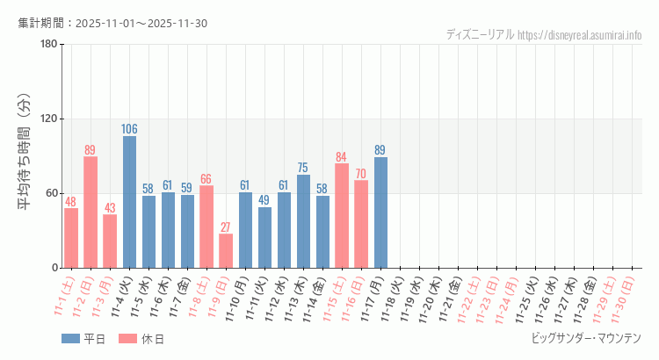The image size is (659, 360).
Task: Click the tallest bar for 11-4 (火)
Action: point(129,202)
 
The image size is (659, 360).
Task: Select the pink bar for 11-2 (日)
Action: point(91,212)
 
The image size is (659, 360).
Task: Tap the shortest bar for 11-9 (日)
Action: point(226,251)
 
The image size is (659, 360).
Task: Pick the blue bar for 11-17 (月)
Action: point(380,212)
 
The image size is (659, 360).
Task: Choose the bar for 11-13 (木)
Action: point(303,221)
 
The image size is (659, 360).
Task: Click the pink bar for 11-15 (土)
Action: point(342,216)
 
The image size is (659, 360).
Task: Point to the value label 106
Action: point(129,130)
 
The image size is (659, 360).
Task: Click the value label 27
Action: point(226,227)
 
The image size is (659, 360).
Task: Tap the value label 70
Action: point(361,174)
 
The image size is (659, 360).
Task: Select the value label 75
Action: point(303,168)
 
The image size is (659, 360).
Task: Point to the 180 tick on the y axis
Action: point(48,45)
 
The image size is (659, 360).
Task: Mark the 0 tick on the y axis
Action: point(54,268)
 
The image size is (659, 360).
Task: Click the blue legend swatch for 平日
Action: point(70,339)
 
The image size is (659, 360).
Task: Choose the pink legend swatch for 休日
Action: point(127,339)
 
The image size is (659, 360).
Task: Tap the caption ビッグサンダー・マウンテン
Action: point(586,338)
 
